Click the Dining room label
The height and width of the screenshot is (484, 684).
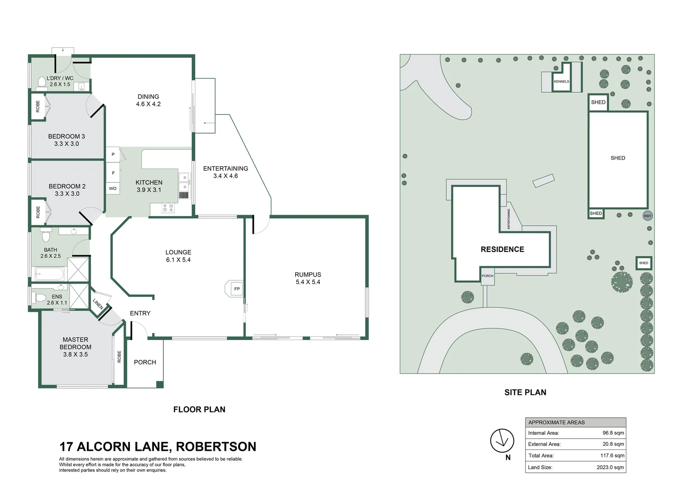click(x=148, y=100)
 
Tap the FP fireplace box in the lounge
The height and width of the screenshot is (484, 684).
click(x=237, y=289)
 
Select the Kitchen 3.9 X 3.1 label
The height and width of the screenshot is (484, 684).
click(x=149, y=186)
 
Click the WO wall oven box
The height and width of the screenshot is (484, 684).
click(x=113, y=189)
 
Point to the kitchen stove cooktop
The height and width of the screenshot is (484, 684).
click(x=168, y=208)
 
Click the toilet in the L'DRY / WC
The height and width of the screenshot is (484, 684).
click(x=42, y=82)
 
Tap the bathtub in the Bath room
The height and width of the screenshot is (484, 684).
click(x=49, y=273)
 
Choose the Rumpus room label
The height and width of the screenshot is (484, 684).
click(x=308, y=278)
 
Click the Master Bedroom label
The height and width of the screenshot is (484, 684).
click(x=75, y=347)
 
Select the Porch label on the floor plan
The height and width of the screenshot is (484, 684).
click(x=145, y=362)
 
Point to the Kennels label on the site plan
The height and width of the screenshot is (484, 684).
click(x=561, y=82)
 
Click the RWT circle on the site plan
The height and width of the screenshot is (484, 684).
click(x=648, y=216)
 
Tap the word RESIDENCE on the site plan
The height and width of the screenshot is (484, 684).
click(x=502, y=250)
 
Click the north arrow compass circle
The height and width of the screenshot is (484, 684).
click(x=502, y=441)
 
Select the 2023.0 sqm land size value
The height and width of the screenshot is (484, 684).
click(x=610, y=467)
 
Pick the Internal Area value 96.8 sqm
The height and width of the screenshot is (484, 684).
click(x=613, y=433)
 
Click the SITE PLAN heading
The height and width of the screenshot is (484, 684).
click(x=525, y=393)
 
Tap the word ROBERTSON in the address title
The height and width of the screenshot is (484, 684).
click(x=216, y=447)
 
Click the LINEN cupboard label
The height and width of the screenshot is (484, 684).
click(x=98, y=304)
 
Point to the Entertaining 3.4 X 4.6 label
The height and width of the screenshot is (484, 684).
click(x=226, y=172)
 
